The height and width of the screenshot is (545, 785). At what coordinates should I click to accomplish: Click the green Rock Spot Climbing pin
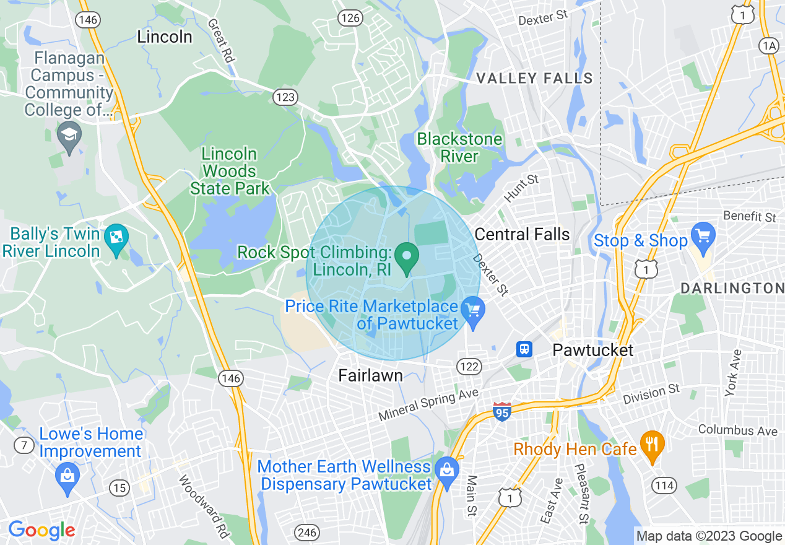point(406,258)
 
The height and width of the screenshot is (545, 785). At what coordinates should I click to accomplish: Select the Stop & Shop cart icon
point(703,238)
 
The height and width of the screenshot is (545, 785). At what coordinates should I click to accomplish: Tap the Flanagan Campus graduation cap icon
point(69,136)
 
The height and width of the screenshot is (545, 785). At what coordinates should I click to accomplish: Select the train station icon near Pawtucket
point(524,349)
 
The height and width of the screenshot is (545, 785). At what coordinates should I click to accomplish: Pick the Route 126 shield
point(350,18)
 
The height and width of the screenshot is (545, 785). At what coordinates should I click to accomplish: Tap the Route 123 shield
point(285,97)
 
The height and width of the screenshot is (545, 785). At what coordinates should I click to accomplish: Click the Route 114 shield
point(664,486)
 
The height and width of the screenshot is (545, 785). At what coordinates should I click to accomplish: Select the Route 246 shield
point(307,533)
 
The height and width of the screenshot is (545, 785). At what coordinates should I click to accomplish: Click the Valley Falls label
point(535,79)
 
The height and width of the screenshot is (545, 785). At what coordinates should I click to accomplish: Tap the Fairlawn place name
point(370,375)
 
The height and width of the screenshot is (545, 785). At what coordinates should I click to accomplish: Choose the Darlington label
point(732,289)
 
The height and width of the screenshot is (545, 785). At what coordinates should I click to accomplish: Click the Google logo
point(41,531)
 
